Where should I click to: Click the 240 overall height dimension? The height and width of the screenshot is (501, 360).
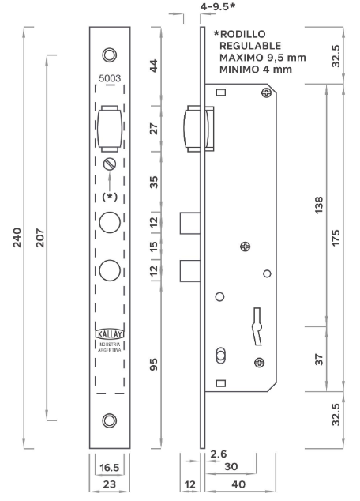17,237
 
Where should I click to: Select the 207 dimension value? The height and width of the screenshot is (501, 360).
40,237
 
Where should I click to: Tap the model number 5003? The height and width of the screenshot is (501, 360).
110,78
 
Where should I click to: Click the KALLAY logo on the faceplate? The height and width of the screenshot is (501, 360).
110,334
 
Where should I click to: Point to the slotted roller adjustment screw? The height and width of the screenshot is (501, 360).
110,164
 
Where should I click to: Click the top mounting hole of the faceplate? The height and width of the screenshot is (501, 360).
110,55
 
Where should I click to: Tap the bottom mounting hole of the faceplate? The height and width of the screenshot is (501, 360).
110,420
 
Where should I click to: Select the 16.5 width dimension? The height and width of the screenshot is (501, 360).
110,468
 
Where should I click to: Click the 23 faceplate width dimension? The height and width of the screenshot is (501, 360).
110,484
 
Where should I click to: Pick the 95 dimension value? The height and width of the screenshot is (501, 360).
154,364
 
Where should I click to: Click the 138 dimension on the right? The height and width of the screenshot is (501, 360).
319,205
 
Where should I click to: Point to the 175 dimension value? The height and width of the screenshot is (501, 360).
336,237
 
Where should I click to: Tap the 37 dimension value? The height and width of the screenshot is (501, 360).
319,359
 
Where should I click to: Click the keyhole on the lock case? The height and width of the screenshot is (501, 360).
257,326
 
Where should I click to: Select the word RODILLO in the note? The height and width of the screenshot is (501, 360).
243,34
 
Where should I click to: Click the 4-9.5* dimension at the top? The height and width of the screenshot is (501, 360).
218,6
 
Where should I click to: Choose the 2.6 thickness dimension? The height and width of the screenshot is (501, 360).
219,454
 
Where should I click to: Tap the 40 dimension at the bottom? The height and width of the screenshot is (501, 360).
238,484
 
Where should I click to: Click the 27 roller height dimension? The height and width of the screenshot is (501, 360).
154,129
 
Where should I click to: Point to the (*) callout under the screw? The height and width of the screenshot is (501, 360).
110,197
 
